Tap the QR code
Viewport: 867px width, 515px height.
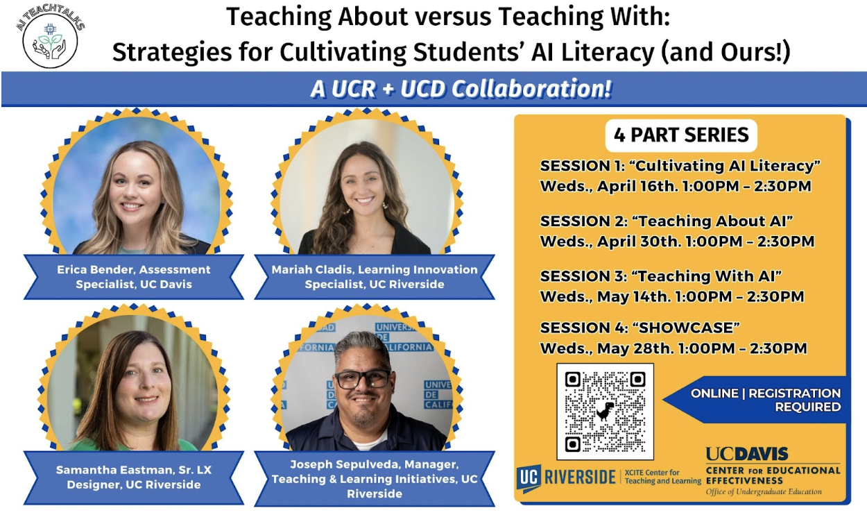(x=605, y=412)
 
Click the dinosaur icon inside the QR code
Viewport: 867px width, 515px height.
(x=605, y=411)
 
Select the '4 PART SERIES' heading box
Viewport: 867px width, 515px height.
(x=681, y=135)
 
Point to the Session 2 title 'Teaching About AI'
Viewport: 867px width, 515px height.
(x=712, y=221)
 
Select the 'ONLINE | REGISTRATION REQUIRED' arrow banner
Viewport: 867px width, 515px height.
(x=755, y=400)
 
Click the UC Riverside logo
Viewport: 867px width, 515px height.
(x=566, y=478)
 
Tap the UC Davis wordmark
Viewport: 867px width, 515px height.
(x=747, y=454)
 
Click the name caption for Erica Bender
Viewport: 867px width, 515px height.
(x=134, y=277)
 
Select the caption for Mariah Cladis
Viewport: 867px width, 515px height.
(x=375, y=277)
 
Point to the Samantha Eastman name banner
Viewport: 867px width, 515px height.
(x=134, y=478)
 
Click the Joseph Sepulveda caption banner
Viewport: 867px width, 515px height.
(x=375, y=479)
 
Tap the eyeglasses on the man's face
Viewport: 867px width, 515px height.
(x=363, y=379)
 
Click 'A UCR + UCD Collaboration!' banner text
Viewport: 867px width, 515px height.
(x=461, y=89)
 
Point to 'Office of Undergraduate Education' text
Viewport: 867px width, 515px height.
(x=764, y=492)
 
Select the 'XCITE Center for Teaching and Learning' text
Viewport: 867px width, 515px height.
(x=662, y=477)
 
